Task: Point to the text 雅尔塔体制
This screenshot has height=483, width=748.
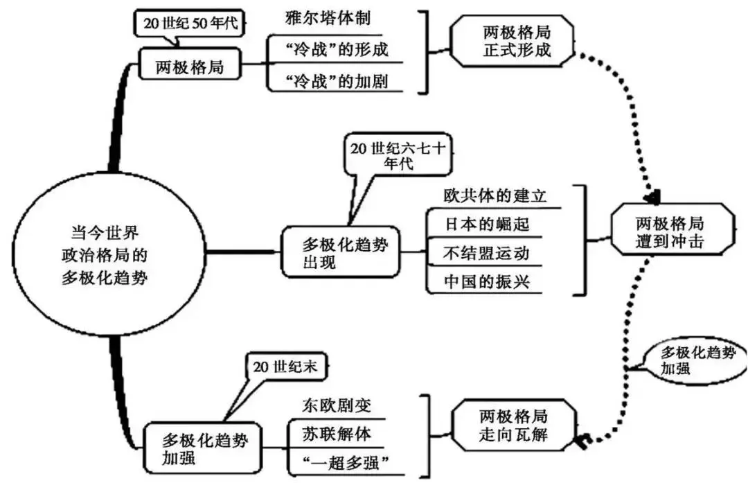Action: (x=323, y=19)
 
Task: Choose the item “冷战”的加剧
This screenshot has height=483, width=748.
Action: (x=328, y=80)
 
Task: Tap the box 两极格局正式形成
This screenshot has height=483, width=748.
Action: (x=513, y=42)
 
